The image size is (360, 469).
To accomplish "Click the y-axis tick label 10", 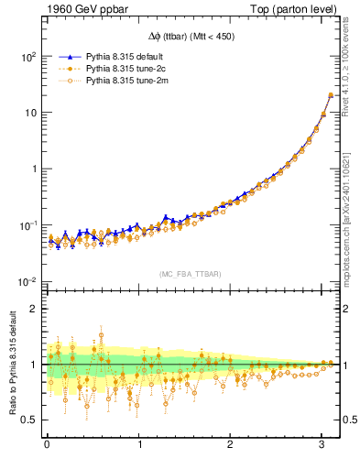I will coord(28,113).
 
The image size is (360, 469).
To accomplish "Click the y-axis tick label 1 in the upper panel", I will coord(32,169).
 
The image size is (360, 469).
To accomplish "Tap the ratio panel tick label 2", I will coord(32,309).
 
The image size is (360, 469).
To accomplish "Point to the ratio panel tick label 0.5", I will coord(27,420).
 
